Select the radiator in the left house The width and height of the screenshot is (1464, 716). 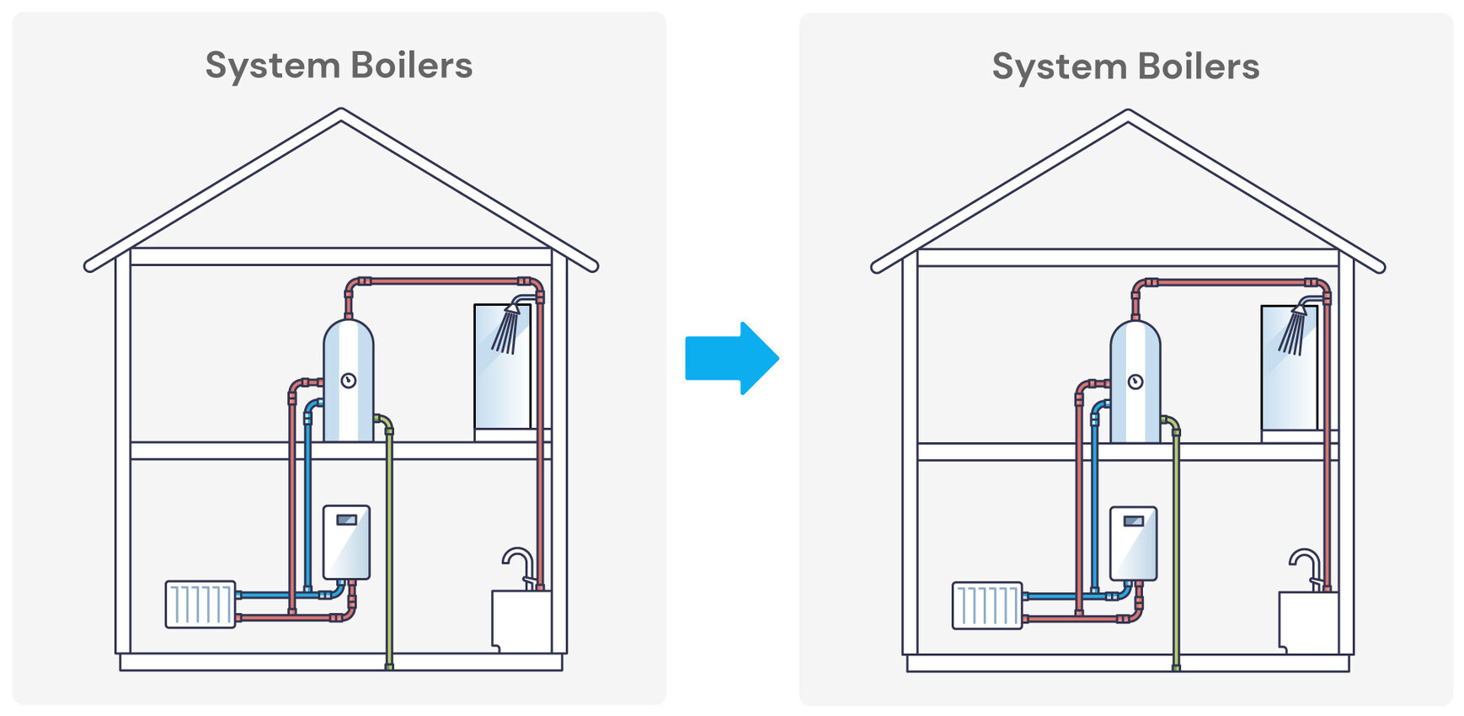click(200, 604)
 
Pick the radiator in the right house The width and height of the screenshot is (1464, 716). click(987, 605)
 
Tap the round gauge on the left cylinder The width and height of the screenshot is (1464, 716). click(348, 381)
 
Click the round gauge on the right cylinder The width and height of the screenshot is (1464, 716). click(1135, 382)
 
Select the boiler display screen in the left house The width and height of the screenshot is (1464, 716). click(346, 520)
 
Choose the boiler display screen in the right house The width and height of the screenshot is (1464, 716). click(1134, 521)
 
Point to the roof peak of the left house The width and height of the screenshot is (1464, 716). click(341, 113)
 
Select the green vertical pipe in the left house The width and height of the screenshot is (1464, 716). click(389, 548)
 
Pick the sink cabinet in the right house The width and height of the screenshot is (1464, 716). click(1307, 622)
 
